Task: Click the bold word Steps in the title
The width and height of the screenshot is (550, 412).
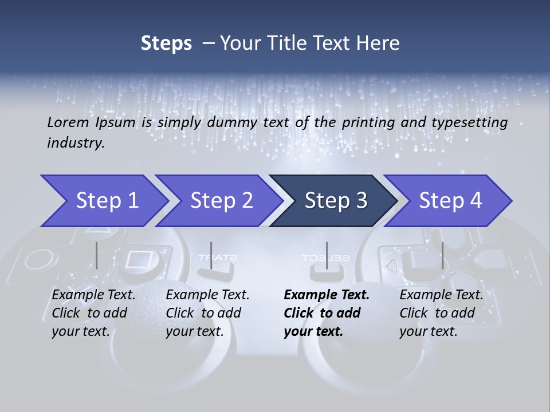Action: pyautogui.click(x=166, y=43)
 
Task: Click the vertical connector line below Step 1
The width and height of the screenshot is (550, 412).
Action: pyautogui.click(x=97, y=255)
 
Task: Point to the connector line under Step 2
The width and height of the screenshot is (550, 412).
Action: pyautogui.click(x=211, y=255)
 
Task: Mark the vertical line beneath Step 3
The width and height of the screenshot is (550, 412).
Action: pyautogui.click(x=327, y=255)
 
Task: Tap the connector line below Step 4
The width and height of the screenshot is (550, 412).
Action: pyautogui.click(x=442, y=255)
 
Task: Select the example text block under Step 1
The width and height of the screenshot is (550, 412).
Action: pyautogui.click(x=93, y=313)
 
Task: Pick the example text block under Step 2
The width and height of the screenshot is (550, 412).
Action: pyautogui.click(x=207, y=313)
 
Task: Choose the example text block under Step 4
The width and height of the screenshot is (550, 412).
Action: pyautogui.click(x=441, y=313)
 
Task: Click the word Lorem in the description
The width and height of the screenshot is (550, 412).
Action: pyautogui.click(x=68, y=122)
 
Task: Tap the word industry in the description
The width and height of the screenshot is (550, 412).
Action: pyautogui.click(x=76, y=143)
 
